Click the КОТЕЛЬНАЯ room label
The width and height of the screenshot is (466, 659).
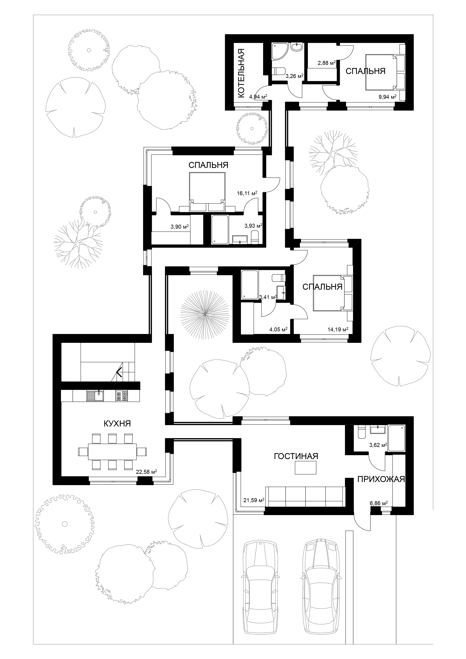click(x=241, y=73)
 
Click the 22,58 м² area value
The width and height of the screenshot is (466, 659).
click(x=146, y=472)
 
